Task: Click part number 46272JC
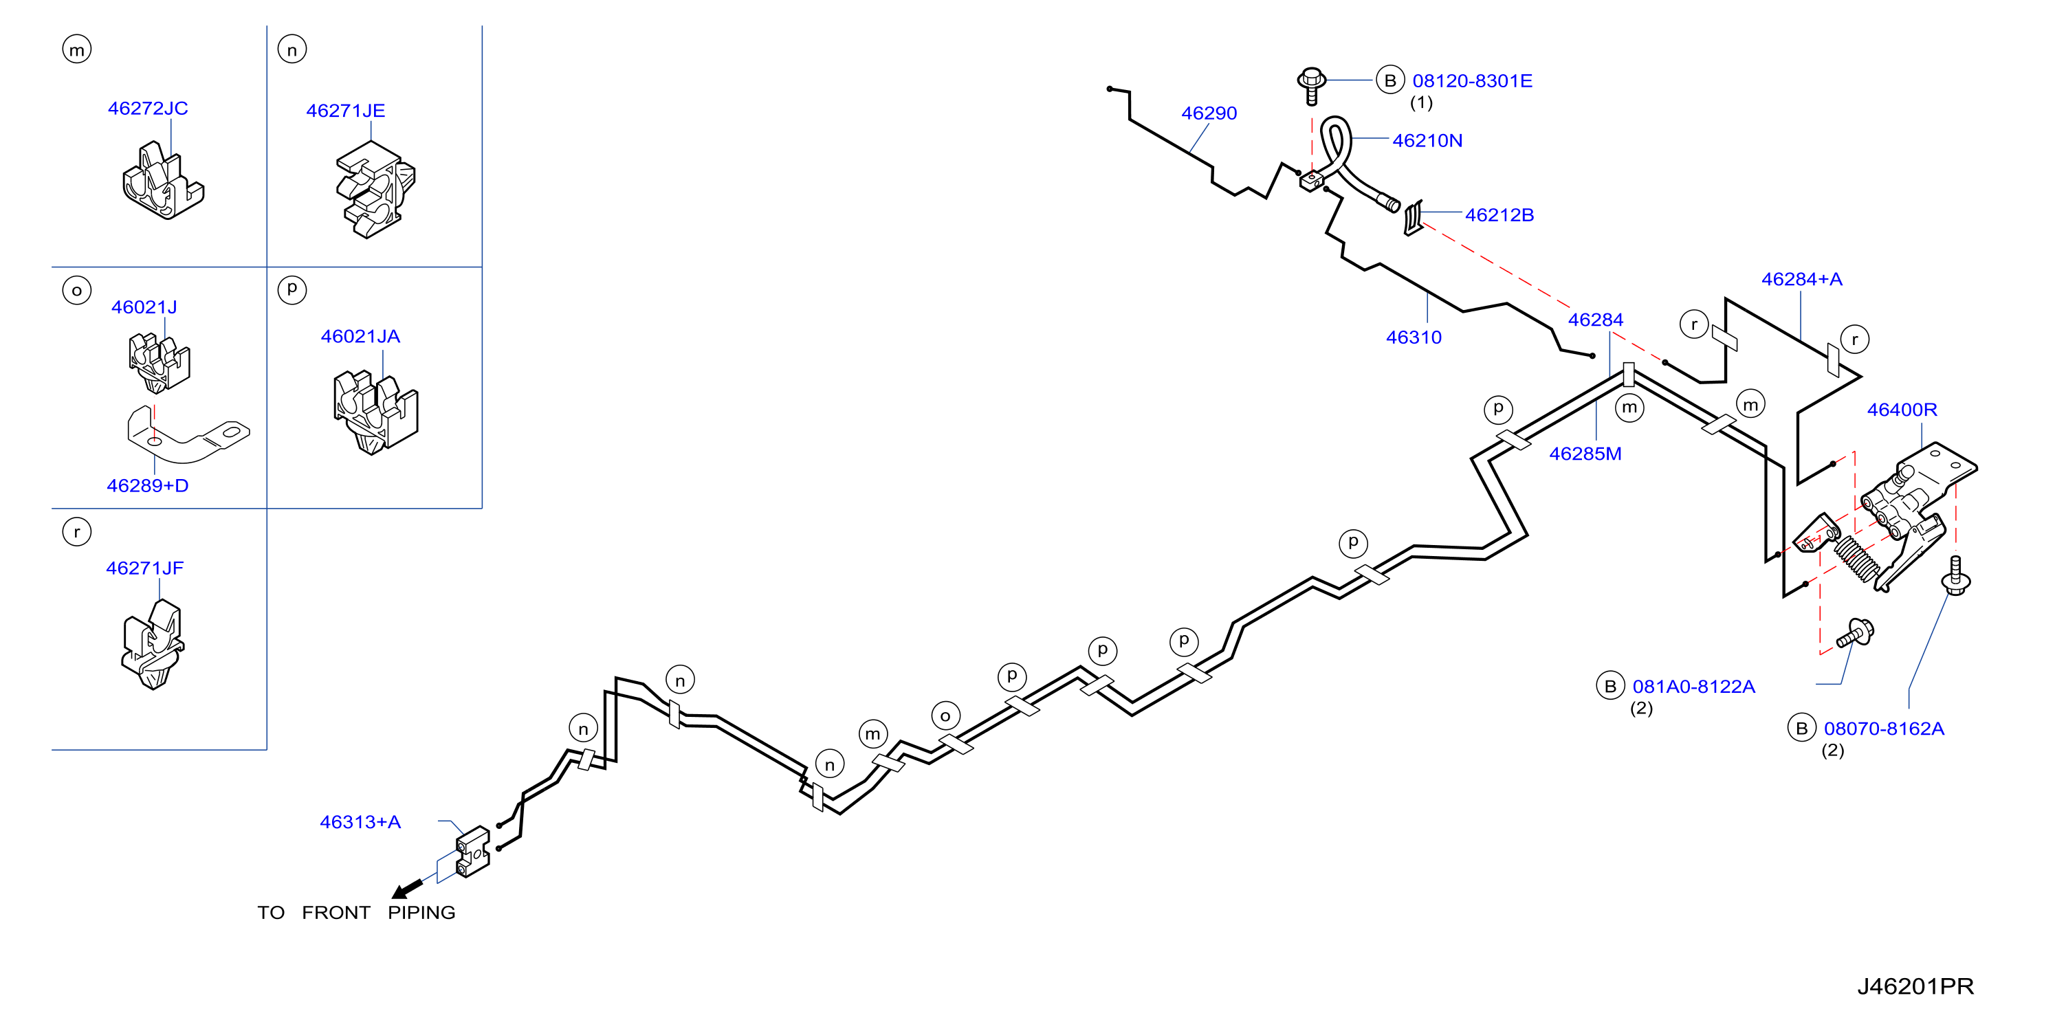(x=148, y=109)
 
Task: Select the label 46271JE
(x=346, y=111)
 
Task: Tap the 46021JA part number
(x=360, y=337)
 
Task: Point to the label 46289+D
(x=148, y=486)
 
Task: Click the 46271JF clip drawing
(x=153, y=645)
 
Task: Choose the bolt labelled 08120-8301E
(x=1311, y=86)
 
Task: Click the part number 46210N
(x=1427, y=141)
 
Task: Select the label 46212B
(x=1499, y=215)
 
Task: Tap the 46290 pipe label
(x=1209, y=114)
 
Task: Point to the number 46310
(x=1414, y=337)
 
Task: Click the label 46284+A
(x=1801, y=279)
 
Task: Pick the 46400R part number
(x=1902, y=410)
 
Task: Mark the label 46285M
(x=1585, y=454)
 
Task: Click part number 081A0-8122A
(x=1694, y=687)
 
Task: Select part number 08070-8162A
(x=1884, y=729)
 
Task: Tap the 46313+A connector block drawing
(x=472, y=852)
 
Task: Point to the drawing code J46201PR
(x=1915, y=986)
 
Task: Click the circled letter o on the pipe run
(x=945, y=716)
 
